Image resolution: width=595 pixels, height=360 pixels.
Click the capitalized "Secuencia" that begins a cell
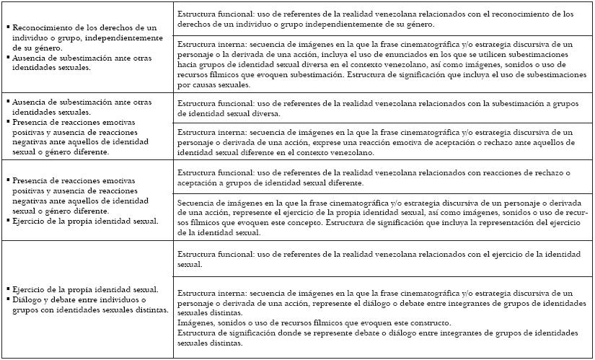[199, 204]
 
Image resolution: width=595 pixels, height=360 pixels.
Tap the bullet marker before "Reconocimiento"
[6, 27]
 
